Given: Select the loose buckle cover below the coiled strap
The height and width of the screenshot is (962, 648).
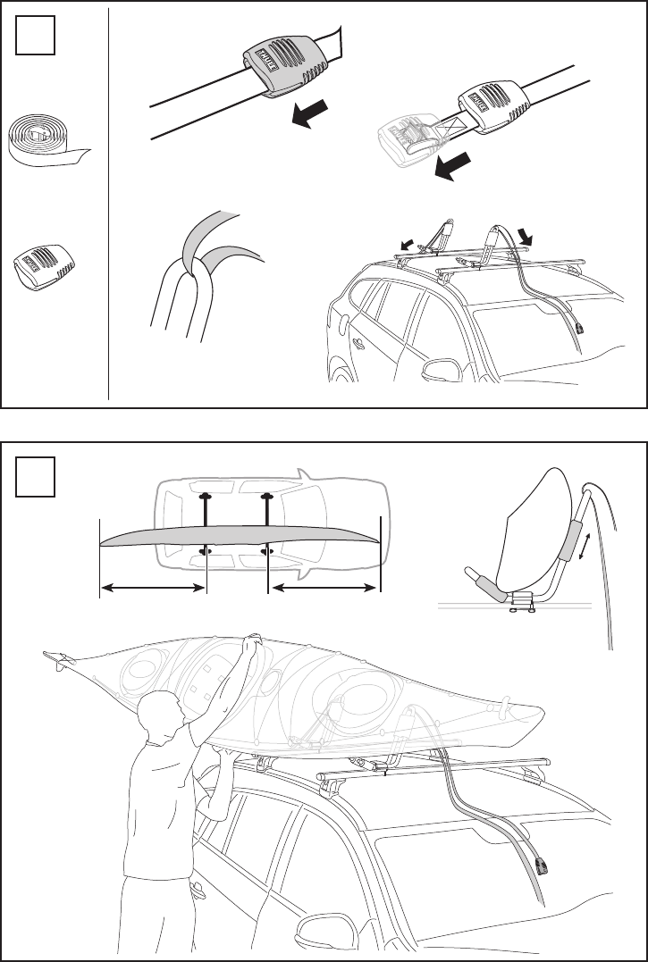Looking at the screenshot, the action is (43, 264).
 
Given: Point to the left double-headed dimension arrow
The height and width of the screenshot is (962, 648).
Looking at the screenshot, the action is (153, 587).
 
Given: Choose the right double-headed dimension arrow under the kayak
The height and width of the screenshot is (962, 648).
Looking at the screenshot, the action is (324, 587).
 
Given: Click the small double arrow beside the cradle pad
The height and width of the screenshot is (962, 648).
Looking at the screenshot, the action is (585, 544).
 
